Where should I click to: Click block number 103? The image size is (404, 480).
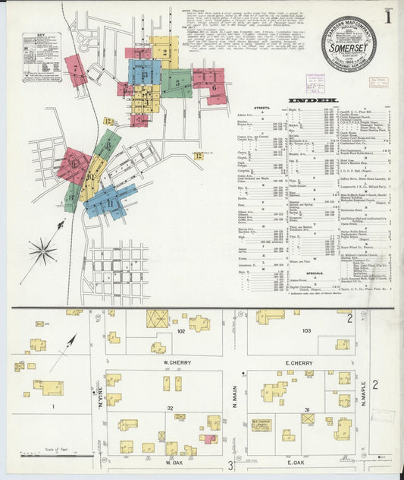coord(306,330)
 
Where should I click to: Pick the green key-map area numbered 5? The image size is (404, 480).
coord(176,83)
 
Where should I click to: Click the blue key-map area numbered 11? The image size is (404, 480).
coord(111,201)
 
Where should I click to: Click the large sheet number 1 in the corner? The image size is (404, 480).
coord(387,14)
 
